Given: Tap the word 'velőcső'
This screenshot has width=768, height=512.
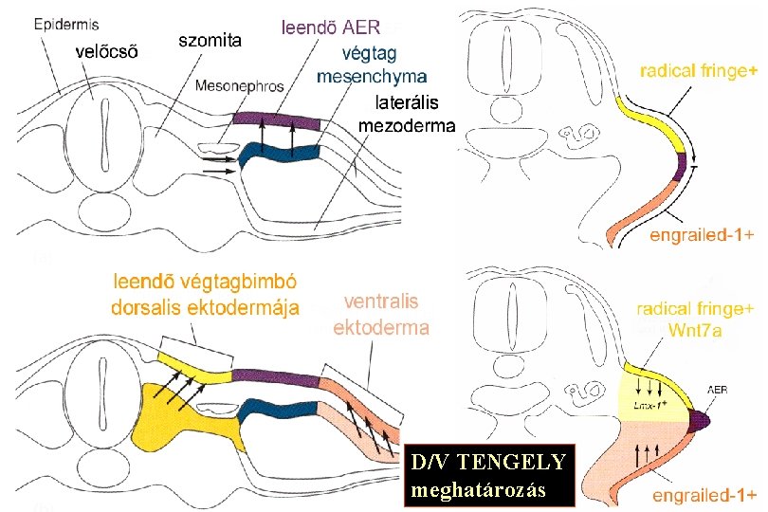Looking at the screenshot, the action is pyautogui.click(x=105, y=53).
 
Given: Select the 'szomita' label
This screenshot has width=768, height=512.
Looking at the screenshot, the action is pyautogui.click(x=210, y=40).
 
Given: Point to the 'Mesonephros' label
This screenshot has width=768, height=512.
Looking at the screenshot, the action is pyautogui.click(x=239, y=86).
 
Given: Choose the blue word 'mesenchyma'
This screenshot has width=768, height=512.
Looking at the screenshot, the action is pyautogui.click(x=372, y=76).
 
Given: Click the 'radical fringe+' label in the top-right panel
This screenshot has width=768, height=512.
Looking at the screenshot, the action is pyautogui.click(x=699, y=71).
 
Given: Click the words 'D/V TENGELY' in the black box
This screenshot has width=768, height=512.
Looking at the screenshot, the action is pyautogui.click(x=488, y=464).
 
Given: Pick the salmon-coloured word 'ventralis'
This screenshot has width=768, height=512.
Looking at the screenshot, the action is pyautogui.click(x=381, y=302).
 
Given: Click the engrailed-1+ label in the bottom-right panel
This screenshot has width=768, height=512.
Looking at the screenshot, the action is pyautogui.click(x=704, y=495).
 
